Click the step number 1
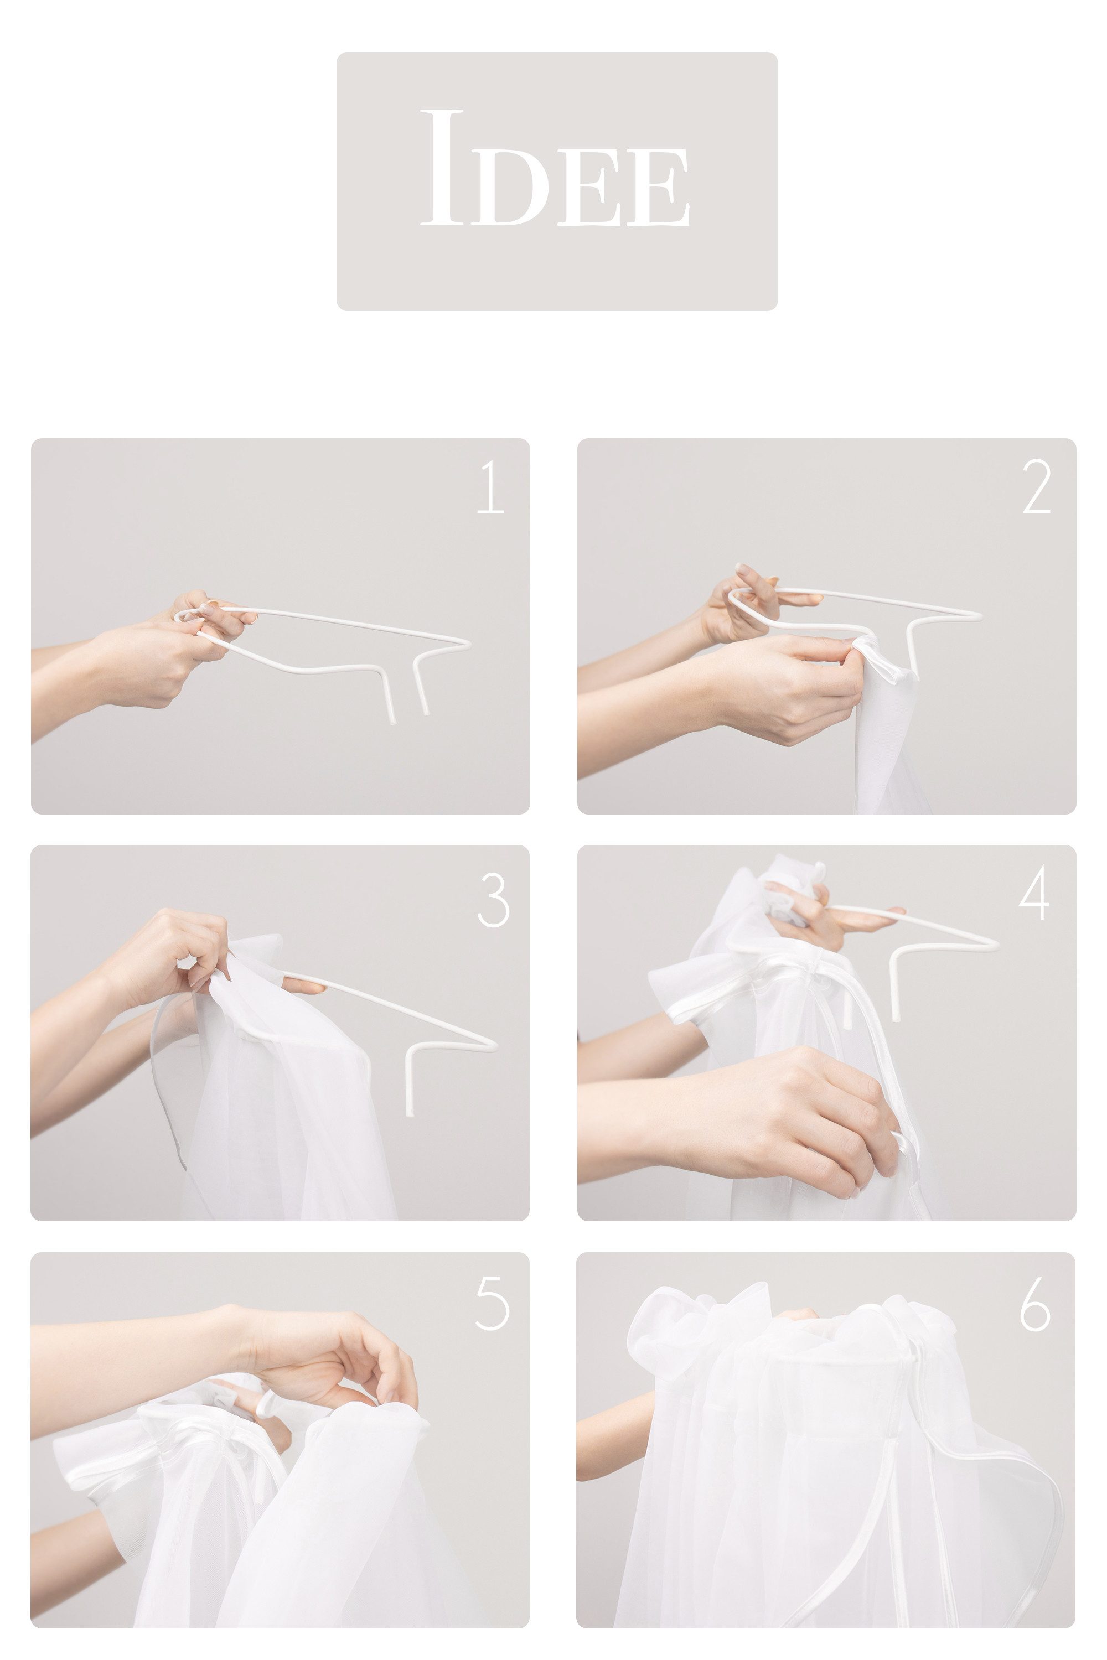(492, 487)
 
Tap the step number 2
(1036, 487)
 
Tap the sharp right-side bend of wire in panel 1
(466, 642)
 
